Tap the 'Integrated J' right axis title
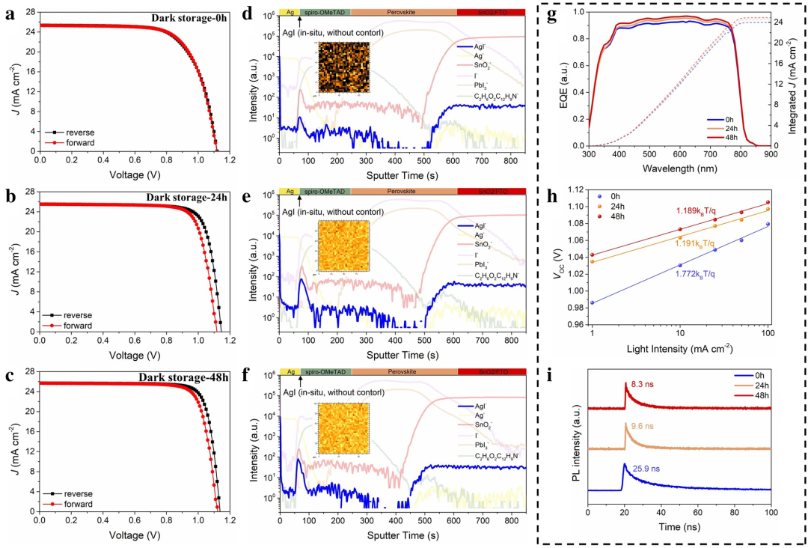coord(795,79)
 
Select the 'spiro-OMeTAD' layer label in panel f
coord(323,371)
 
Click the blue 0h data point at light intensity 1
coord(592,302)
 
